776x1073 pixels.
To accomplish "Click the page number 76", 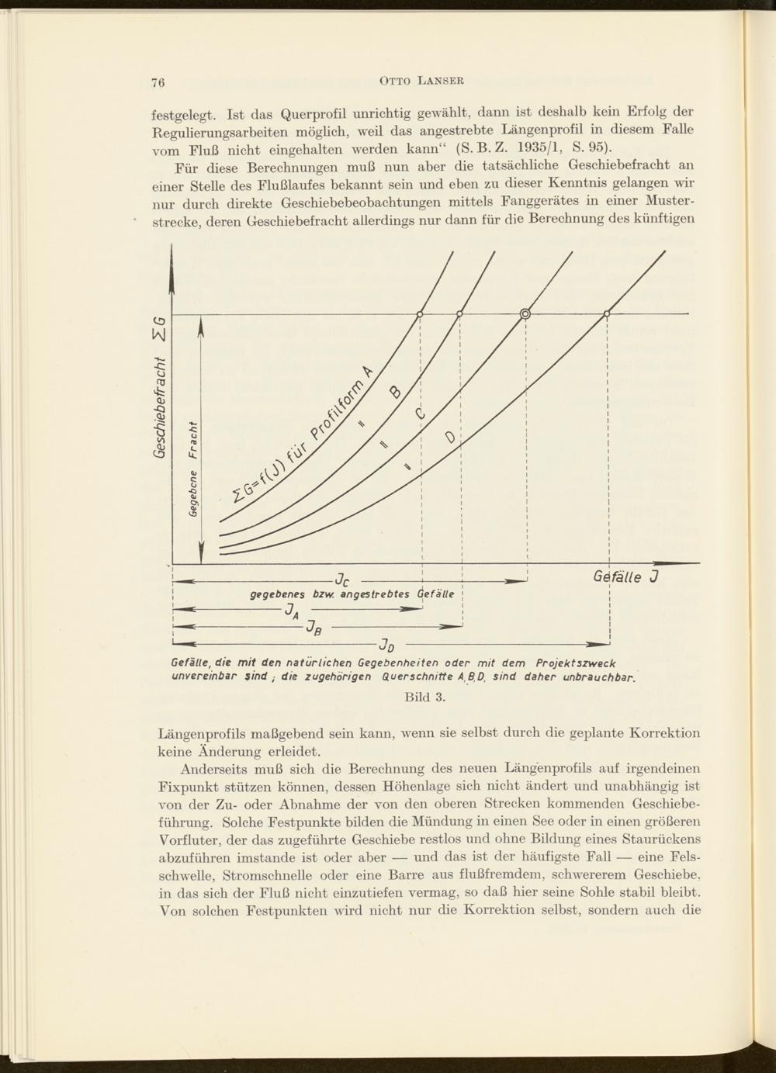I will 160,80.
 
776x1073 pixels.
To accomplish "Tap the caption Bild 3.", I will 424,697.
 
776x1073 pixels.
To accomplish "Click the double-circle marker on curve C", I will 525,313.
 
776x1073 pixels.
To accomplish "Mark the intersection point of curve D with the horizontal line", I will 607,313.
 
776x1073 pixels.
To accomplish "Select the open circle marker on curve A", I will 420,313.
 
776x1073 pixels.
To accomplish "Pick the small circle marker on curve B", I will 459,313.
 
